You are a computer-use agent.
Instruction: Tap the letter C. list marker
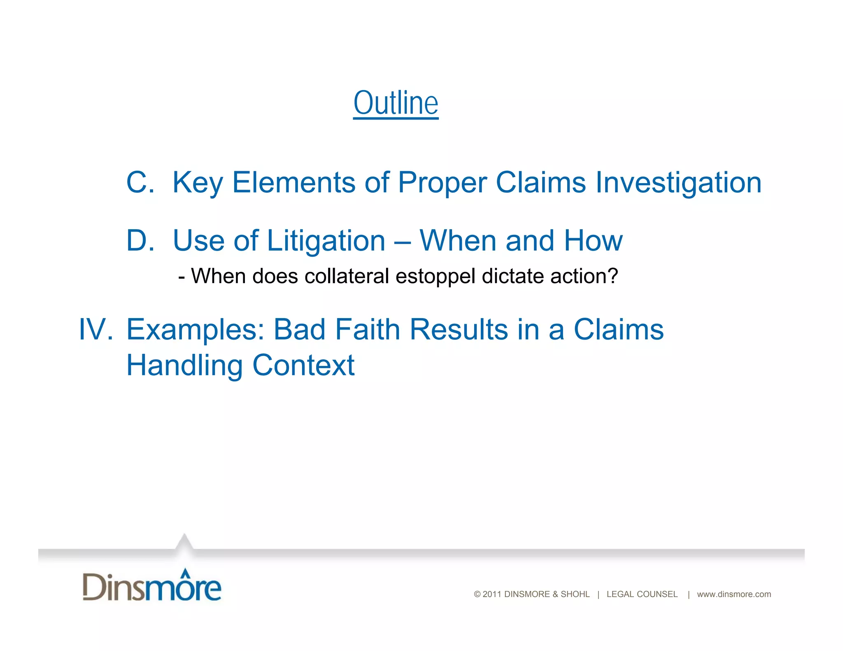click(140, 182)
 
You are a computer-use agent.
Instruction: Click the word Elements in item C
click(293, 182)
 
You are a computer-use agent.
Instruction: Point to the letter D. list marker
click(140, 241)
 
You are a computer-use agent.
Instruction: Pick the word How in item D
click(593, 241)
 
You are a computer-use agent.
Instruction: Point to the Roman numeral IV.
click(95, 330)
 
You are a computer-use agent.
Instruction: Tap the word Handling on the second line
click(184, 366)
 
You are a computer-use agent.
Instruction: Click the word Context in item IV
click(303, 365)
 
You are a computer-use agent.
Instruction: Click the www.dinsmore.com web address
click(734, 594)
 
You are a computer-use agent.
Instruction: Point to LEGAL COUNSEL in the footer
click(642, 594)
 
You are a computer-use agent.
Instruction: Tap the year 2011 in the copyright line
click(492, 594)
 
